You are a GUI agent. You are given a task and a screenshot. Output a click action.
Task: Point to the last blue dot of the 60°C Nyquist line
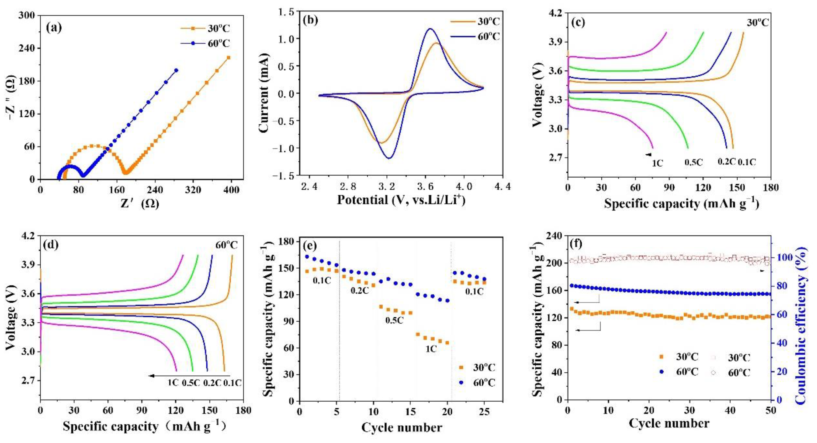point(176,70)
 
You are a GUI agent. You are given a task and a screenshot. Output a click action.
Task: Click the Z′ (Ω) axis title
point(140,203)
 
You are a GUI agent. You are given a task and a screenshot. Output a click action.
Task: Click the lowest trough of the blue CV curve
point(389,158)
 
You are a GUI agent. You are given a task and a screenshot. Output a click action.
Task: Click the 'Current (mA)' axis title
point(264,93)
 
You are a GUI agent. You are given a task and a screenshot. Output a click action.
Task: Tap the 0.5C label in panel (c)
point(693,162)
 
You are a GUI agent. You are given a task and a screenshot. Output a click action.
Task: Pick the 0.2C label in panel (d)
point(212,383)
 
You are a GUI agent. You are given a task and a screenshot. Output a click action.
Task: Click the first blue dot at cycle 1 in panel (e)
point(307,256)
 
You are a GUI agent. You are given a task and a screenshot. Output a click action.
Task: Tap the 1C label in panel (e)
point(431,349)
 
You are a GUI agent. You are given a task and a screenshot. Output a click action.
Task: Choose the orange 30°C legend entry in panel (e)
point(484,368)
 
